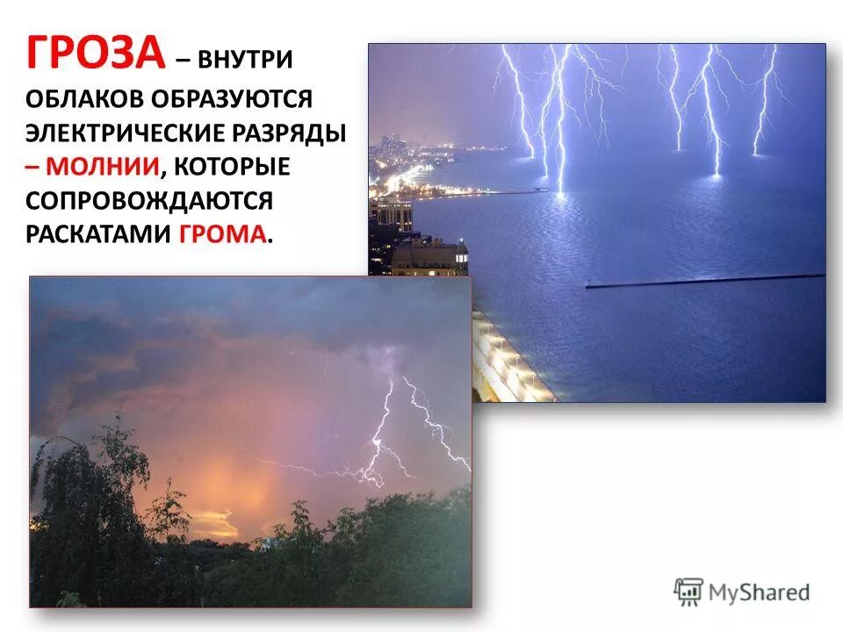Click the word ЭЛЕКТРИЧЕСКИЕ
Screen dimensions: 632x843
128,133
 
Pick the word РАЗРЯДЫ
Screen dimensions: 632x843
294,133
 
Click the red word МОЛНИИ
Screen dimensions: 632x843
104,167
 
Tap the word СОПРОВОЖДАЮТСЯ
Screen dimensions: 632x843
149,200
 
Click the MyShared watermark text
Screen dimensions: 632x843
760,592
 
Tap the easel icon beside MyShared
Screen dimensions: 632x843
688,592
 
